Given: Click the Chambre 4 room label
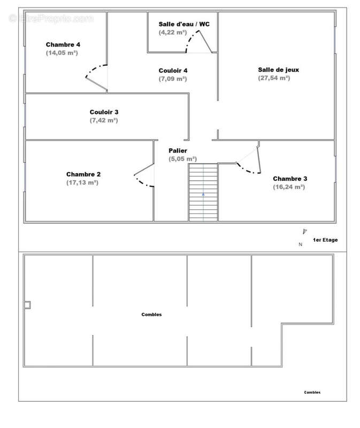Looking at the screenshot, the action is pos(63,44).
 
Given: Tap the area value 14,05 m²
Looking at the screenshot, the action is pos(62,52).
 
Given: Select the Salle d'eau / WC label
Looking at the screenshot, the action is pos(184,24).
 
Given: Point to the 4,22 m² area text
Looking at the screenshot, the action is pos(173,32).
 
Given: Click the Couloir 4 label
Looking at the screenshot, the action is pos(173,71).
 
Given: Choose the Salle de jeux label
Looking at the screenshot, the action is pos(278,70).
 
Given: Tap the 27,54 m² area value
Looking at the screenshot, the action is pos(274,78).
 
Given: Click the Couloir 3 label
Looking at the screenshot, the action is pos(104,112).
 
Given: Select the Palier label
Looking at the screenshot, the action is pos(178,150).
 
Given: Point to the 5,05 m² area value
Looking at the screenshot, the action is pos(182,158).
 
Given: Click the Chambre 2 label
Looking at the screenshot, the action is pos(83,174).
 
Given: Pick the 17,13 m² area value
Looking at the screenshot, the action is pos(82,182).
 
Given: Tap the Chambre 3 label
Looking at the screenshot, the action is pos(290,179).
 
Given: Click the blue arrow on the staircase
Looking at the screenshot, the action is pos(203,194).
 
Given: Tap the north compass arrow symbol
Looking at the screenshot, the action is pos(304,232).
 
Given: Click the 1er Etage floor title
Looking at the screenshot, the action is pos(325,240).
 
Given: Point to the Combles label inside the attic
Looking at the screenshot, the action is pos(151,315).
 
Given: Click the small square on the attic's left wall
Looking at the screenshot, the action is pos(27,305).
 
